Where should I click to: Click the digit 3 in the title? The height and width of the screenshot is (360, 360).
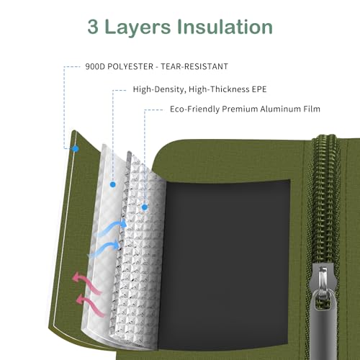[x=93, y=27]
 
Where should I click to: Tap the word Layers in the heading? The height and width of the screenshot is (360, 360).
[x=138, y=27]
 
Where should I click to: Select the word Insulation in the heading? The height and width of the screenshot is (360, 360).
[x=225, y=27]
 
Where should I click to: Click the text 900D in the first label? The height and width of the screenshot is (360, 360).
[x=95, y=66]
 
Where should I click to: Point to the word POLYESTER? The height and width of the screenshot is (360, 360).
[x=130, y=66]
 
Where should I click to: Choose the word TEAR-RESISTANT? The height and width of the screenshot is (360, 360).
[x=194, y=66]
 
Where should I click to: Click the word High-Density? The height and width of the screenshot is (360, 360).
[x=159, y=89]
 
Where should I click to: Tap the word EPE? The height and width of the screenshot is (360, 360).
[x=259, y=89]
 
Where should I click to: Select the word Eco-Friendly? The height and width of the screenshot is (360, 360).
[x=194, y=109]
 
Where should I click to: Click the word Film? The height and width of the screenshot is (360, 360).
[x=312, y=109]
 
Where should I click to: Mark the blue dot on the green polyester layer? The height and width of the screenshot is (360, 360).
[x=76, y=149]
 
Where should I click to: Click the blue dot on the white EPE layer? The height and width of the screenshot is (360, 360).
[x=113, y=184]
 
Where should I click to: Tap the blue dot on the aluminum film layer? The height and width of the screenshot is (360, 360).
[x=145, y=207]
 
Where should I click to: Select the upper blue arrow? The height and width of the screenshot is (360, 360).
[x=111, y=228]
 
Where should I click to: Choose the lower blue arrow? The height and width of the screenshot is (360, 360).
[x=104, y=248]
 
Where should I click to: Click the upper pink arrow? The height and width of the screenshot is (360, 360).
[x=87, y=283]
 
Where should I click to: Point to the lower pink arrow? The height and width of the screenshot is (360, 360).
[x=90, y=305]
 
